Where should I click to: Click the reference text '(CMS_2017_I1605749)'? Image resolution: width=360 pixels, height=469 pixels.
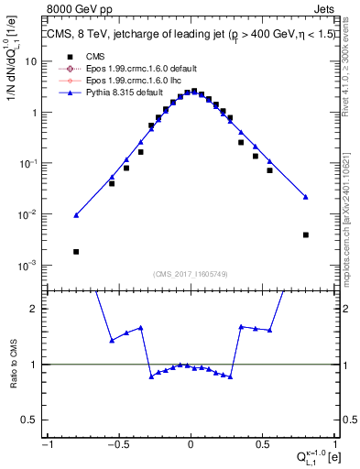click(191, 274)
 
